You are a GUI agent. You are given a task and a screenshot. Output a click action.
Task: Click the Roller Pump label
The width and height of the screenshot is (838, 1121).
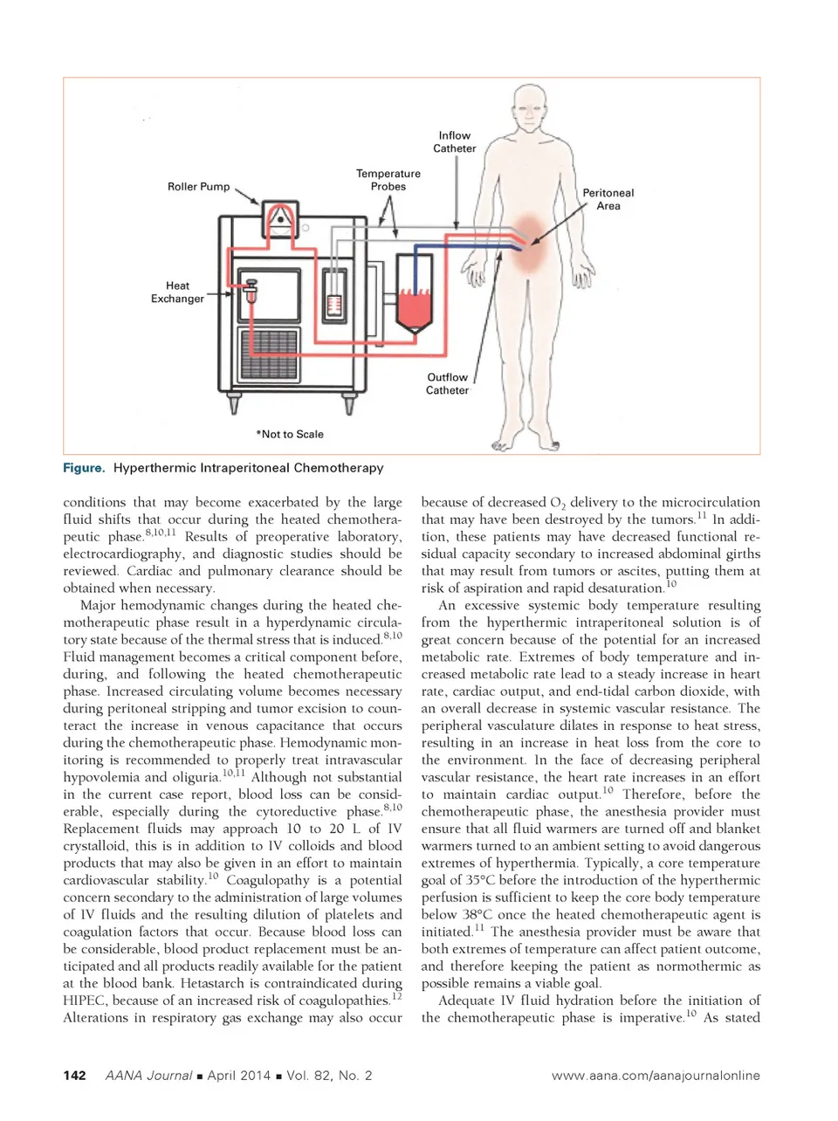pos(198,186)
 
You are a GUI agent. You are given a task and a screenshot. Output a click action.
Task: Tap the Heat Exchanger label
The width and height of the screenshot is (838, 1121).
pos(177,292)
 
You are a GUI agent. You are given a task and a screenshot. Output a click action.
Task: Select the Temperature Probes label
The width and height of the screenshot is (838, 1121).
pos(388,180)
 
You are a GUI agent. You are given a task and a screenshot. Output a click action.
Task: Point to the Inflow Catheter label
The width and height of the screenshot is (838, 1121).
pos(455,142)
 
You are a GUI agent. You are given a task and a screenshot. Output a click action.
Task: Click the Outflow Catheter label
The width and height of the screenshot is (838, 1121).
pos(447,384)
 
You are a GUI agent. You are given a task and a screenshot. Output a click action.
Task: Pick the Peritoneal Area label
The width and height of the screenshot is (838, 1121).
pos(608,199)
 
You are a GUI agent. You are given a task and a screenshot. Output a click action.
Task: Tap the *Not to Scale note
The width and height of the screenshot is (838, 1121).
pos(290,434)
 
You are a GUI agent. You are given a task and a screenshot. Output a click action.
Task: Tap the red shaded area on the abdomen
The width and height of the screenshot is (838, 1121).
pos(530,242)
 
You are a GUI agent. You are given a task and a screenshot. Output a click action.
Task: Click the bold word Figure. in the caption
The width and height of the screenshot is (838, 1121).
pos(84,468)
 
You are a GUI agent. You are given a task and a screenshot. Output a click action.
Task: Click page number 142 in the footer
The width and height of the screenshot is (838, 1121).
pos(74,1076)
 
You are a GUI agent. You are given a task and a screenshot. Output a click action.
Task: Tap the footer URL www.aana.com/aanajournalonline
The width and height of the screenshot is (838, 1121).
pos(656,1076)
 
